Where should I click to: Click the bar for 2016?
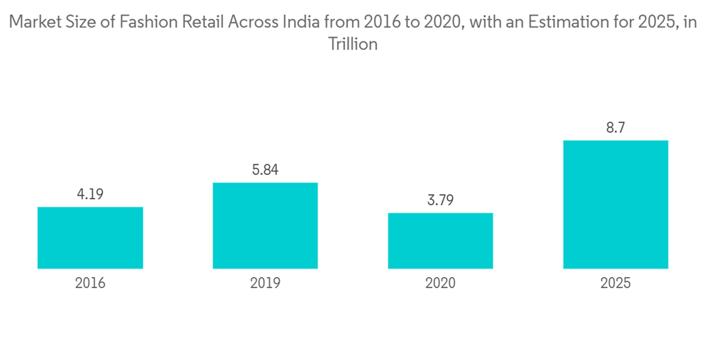[x=90, y=238]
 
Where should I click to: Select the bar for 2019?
[x=265, y=226]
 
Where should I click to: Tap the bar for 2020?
[x=441, y=241]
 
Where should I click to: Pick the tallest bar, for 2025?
[x=615, y=204]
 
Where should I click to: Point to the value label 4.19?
[x=90, y=194]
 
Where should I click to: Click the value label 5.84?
[x=265, y=170]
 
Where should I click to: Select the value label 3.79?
[x=441, y=200]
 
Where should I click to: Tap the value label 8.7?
[x=615, y=128]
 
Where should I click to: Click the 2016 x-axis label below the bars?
[x=90, y=284]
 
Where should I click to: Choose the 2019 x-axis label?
[x=265, y=284]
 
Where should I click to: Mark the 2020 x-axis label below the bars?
[x=441, y=284]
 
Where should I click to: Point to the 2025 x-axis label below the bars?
[x=615, y=284]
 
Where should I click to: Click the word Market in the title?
[x=34, y=23]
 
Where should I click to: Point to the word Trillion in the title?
[x=352, y=44]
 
